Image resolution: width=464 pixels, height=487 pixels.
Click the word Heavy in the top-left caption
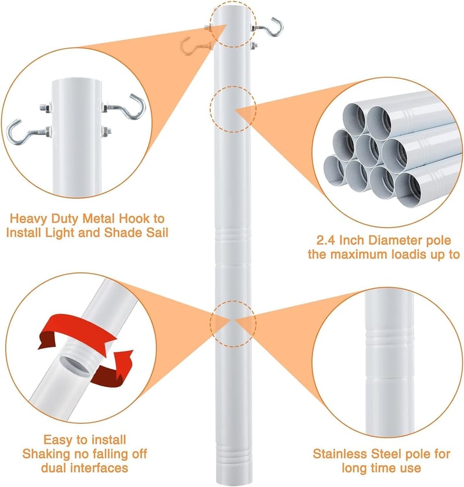pyautogui.click(x=29, y=219)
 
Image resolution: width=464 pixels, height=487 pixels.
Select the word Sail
pyautogui.click(x=157, y=232)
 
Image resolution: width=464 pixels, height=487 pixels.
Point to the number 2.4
pyautogui.click(x=327, y=240)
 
